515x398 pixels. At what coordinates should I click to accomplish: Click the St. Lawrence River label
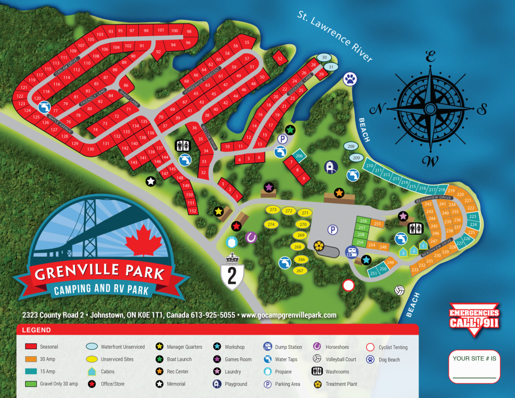click(x=334, y=37)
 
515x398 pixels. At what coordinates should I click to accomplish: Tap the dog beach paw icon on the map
click(x=350, y=78)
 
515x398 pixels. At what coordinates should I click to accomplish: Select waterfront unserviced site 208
click(x=351, y=146)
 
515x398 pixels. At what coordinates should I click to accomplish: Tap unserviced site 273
click(x=273, y=210)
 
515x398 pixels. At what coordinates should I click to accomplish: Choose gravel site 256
click(x=363, y=221)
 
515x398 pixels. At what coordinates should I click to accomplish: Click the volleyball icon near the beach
click(x=399, y=291)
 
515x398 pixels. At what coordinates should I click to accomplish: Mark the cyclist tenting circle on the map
click(x=348, y=286)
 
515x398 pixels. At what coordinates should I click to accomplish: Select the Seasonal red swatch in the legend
click(x=32, y=347)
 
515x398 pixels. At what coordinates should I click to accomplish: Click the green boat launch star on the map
click(x=290, y=129)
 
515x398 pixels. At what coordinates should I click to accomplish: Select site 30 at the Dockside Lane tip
click(x=324, y=57)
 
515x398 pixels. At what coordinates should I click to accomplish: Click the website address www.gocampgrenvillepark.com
click(x=289, y=315)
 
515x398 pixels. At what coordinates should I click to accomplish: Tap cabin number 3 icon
click(x=403, y=252)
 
